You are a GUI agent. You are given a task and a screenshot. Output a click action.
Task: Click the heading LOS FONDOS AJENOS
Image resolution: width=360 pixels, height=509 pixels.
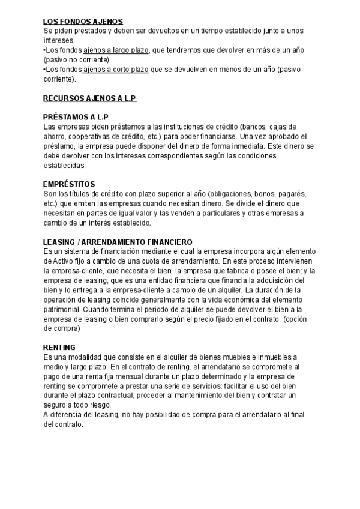83,21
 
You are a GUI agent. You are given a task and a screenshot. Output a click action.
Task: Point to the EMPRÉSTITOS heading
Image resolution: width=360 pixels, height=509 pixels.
70,183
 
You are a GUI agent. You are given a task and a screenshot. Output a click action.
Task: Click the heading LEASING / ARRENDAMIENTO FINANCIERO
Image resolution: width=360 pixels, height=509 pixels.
118,241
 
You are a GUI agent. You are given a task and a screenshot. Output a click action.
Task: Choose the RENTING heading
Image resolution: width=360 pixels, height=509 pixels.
59,347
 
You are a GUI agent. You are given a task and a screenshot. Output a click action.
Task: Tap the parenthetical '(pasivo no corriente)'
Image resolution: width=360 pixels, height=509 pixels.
76,60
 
